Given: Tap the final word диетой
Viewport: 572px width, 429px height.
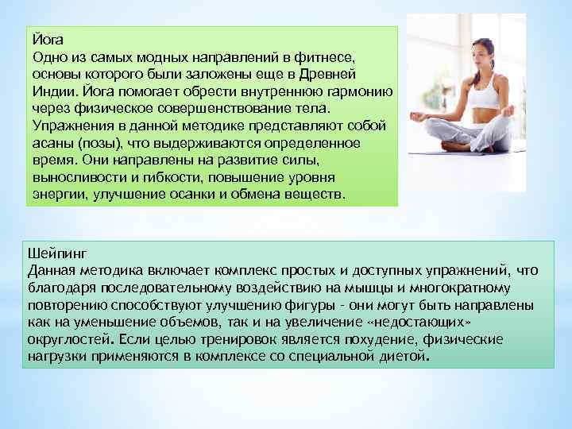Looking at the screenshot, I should tap(403, 357).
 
